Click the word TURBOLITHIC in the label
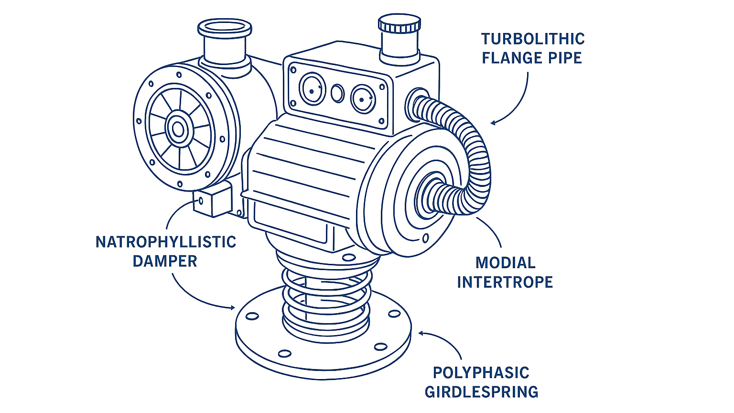click(532, 39)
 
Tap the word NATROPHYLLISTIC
click(166, 242)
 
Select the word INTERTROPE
click(505, 282)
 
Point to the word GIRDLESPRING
click(481, 392)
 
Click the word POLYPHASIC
click(481, 373)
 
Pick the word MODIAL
click(505, 263)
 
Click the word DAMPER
click(165, 261)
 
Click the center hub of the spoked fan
click(178, 129)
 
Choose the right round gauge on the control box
click(363, 99)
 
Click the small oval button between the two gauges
click(337, 94)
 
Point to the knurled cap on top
click(399, 24)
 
